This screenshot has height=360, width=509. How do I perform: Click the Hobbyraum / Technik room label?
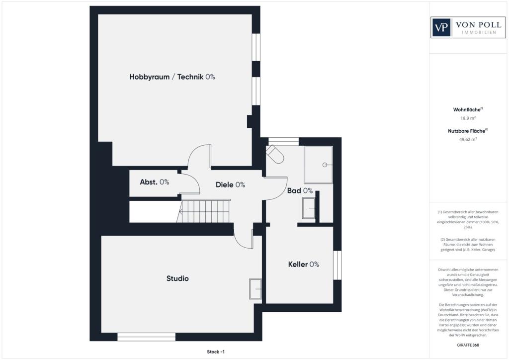click(x=172, y=77)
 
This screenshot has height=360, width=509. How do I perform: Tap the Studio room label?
click(x=177, y=278)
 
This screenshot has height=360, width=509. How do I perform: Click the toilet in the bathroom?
click(x=275, y=154)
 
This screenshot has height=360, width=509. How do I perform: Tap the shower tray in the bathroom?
click(x=319, y=165)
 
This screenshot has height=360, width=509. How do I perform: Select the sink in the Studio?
click(x=255, y=289)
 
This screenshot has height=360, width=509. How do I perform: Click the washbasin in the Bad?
click(x=309, y=208)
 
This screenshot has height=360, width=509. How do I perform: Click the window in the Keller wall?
click(x=338, y=265)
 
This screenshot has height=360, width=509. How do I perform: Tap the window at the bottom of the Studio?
click(x=147, y=337)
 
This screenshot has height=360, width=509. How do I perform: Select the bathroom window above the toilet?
click(x=283, y=141)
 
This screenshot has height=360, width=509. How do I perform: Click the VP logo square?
click(x=441, y=27)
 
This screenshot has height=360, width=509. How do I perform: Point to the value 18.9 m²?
click(x=468, y=118)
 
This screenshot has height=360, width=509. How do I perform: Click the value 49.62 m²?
click(x=468, y=139)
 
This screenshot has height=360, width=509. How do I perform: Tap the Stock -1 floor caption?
click(x=216, y=352)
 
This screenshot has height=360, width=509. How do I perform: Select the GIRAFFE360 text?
click(x=468, y=345)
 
